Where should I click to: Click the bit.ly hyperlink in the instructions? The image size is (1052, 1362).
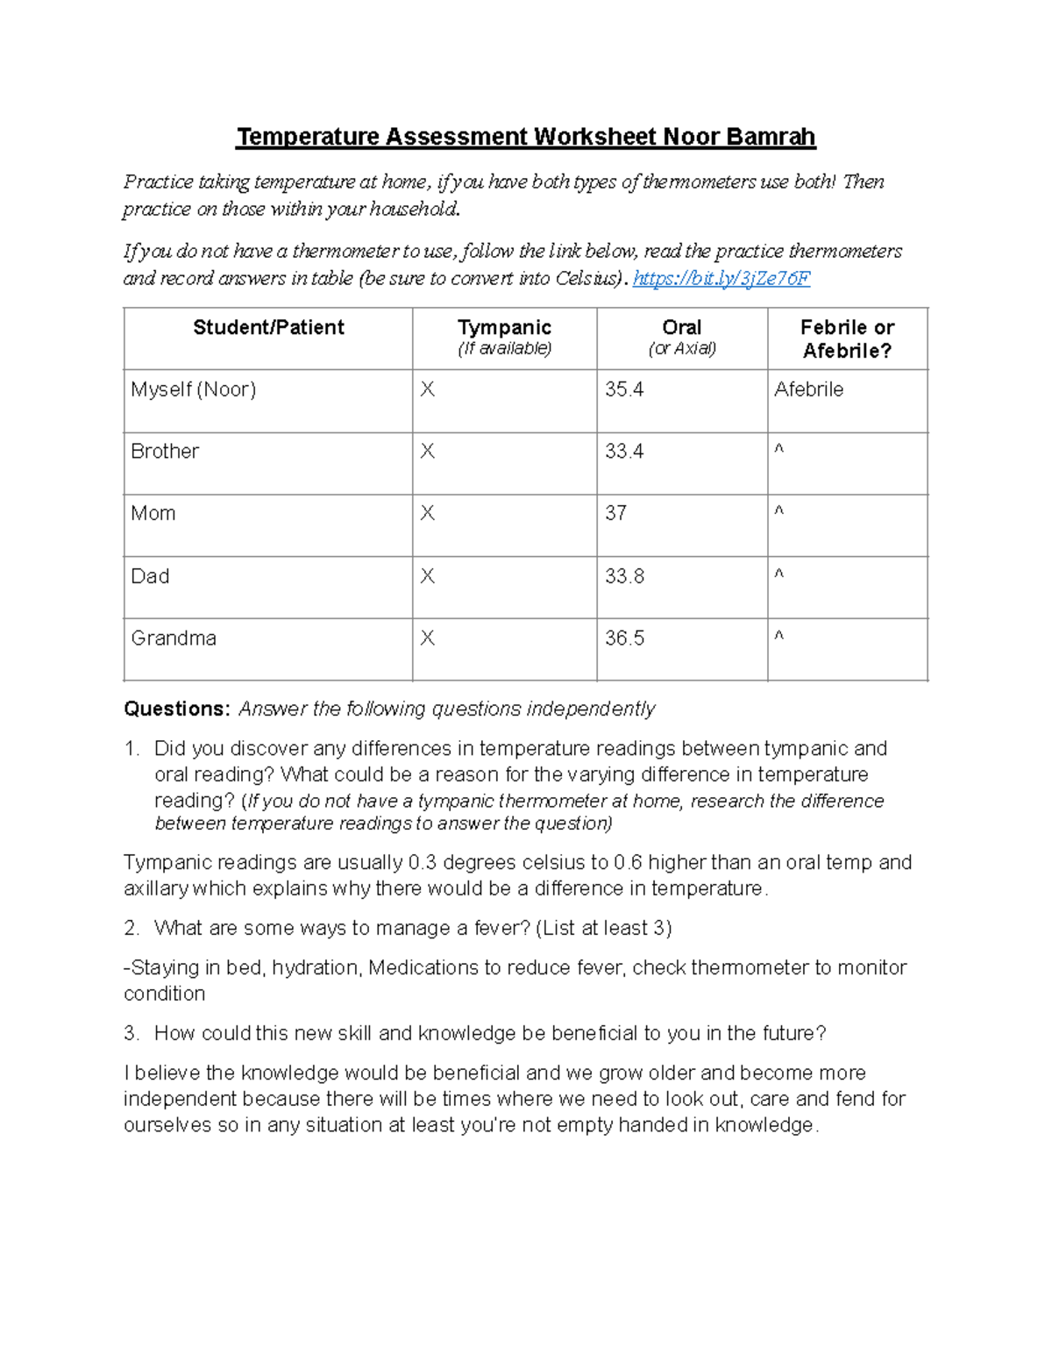click(721, 279)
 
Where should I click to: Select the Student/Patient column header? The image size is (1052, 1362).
click(268, 328)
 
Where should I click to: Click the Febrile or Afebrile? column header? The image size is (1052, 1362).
click(847, 339)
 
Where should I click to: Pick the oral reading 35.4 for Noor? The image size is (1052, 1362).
click(624, 389)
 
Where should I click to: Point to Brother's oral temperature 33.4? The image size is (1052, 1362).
click(624, 452)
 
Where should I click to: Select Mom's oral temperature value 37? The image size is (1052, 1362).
click(615, 513)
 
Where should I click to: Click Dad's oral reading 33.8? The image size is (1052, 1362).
click(624, 576)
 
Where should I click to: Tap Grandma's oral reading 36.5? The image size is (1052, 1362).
click(624, 638)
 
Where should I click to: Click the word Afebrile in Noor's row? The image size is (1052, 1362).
click(808, 389)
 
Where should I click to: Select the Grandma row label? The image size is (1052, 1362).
click(174, 638)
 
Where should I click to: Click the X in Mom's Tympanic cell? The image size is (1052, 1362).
click(427, 513)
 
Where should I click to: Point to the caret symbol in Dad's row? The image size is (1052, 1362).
click(778, 574)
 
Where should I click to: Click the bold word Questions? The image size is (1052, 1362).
click(176, 709)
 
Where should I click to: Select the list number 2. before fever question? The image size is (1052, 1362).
click(131, 928)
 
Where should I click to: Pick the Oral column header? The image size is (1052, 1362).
click(681, 328)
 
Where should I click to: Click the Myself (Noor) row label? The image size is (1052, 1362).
click(193, 389)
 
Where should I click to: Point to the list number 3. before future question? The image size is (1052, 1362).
click(131, 1033)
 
